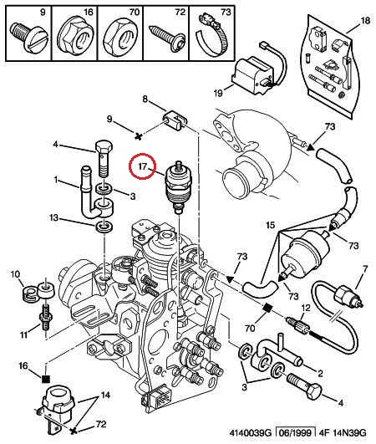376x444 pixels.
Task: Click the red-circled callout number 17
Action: click(142, 166)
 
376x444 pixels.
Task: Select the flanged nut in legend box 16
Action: click(75, 37)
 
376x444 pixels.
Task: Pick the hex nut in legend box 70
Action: click(121, 37)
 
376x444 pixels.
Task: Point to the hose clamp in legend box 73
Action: click(214, 35)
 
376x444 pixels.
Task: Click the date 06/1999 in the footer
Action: click(295, 432)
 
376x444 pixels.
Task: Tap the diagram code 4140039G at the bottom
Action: click(251, 432)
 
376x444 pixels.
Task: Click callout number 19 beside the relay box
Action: click(218, 93)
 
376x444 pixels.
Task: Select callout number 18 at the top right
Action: click(365, 21)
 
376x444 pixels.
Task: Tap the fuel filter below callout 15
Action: click(305, 253)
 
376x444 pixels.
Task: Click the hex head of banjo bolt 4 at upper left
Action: click(104, 148)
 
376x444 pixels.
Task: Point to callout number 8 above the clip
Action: click(145, 100)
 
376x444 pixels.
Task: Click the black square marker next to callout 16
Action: click(46, 379)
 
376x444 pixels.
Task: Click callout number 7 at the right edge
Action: click(365, 268)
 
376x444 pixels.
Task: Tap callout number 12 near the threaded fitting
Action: click(306, 308)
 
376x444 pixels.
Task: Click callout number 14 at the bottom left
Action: click(105, 395)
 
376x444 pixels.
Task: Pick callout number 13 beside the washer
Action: click(53, 217)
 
